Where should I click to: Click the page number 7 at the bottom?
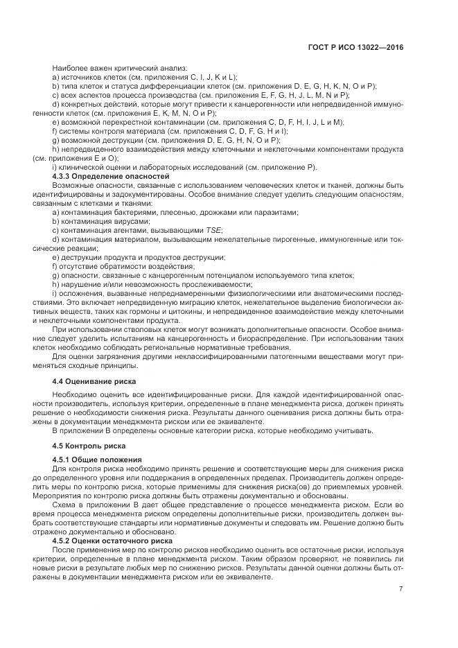[x=400, y=588]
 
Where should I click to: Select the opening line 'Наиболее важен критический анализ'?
[x=105, y=68]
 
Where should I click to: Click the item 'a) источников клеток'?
[x=145, y=77]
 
